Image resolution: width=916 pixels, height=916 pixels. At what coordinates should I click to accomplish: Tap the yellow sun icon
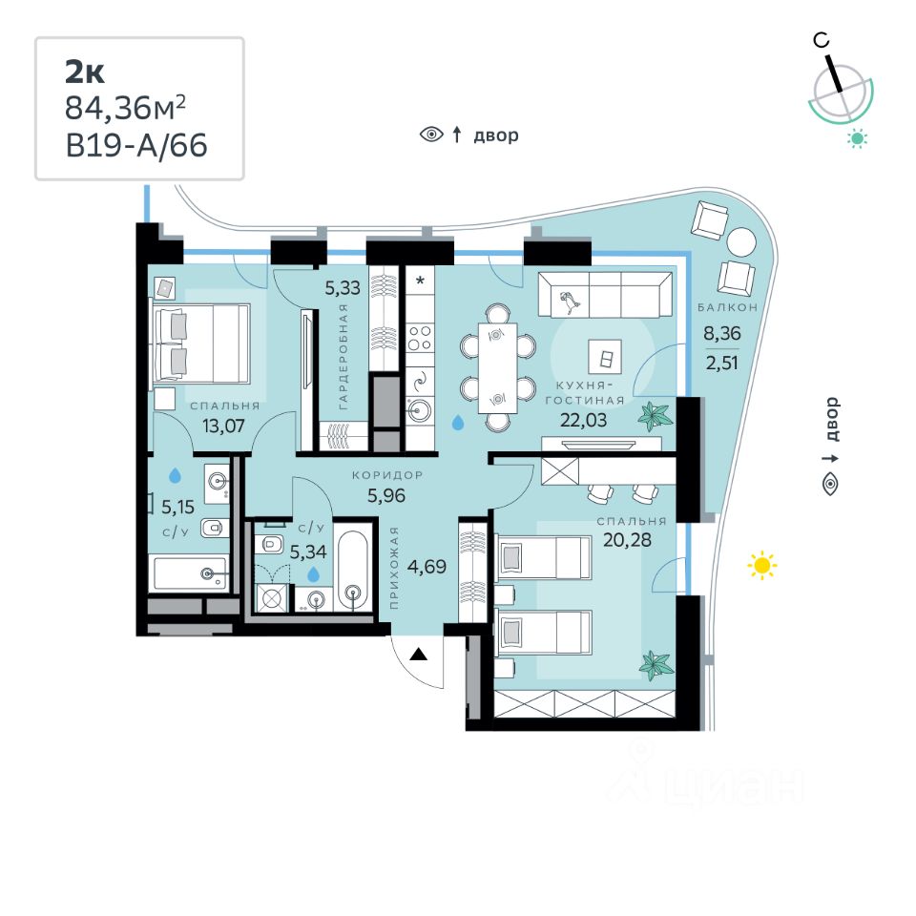pyautogui.click(x=760, y=565)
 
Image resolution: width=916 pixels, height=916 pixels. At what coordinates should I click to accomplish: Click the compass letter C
pyautogui.click(x=821, y=40)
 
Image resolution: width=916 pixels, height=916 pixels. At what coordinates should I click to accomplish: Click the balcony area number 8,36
pyautogui.click(x=721, y=334)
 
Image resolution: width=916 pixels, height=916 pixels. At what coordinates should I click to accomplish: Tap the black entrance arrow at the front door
pyautogui.click(x=418, y=654)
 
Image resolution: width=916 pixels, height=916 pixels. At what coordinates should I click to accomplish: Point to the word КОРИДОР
pyautogui.click(x=387, y=474)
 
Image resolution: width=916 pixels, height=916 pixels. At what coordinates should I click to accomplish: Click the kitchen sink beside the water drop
pyautogui.click(x=419, y=410)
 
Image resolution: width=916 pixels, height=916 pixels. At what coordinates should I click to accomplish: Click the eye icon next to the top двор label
pyautogui.click(x=432, y=135)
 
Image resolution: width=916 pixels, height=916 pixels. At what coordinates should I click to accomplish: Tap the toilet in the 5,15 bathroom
pyautogui.click(x=215, y=526)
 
